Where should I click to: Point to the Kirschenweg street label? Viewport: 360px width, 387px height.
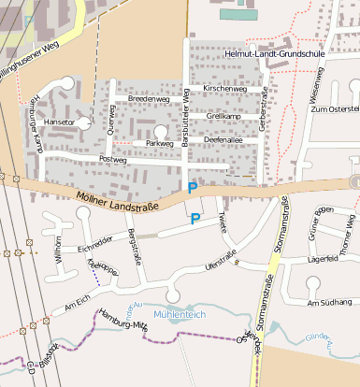tap(223, 88)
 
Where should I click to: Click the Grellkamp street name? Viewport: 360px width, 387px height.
tap(223, 115)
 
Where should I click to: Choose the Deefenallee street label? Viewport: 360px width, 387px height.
tap(223, 139)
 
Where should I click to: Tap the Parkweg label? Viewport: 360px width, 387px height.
tap(160, 144)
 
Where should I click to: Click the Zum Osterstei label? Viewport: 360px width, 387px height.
tap(335, 109)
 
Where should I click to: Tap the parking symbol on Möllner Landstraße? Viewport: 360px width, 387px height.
tap(193, 188)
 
